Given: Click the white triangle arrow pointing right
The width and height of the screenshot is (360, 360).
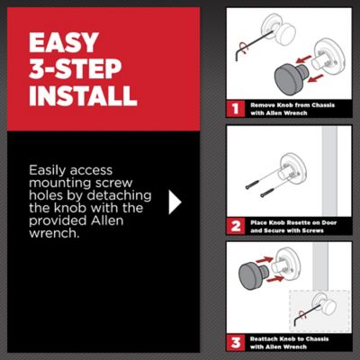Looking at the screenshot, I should click(175, 202).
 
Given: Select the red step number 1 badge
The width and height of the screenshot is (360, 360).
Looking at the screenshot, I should click(236, 109).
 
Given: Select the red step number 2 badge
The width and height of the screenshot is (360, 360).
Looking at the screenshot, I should click(236, 226).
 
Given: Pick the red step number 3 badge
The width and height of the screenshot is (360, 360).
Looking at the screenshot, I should click(236, 342).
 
